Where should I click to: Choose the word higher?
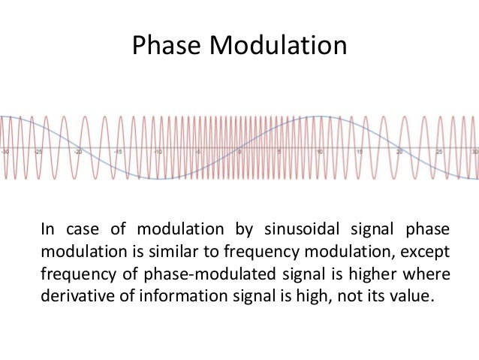click(370, 271)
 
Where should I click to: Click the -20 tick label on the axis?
click(78, 150)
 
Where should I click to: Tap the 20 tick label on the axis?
click(399, 150)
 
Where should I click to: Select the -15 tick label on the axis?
click(117, 150)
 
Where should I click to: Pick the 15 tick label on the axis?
click(360, 150)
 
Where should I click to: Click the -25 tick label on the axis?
click(38, 150)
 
